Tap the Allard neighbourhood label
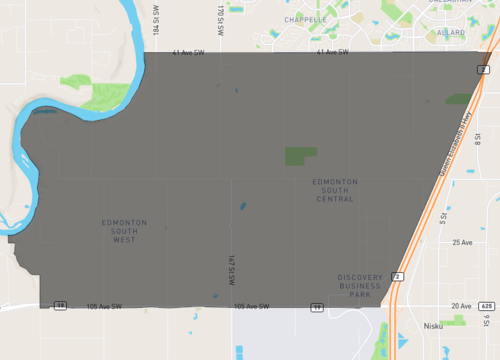[450, 32]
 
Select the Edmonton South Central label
[333, 190]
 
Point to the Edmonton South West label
[125, 231]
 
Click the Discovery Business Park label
[360, 286]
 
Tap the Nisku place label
[432, 325]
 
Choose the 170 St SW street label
[219, 17]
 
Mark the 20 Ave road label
[461, 305]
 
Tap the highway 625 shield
[487, 305]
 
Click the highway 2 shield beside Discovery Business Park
[397, 275]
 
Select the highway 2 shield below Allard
[482, 68]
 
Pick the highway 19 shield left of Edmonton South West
[60, 305]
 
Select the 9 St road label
[486, 322]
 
